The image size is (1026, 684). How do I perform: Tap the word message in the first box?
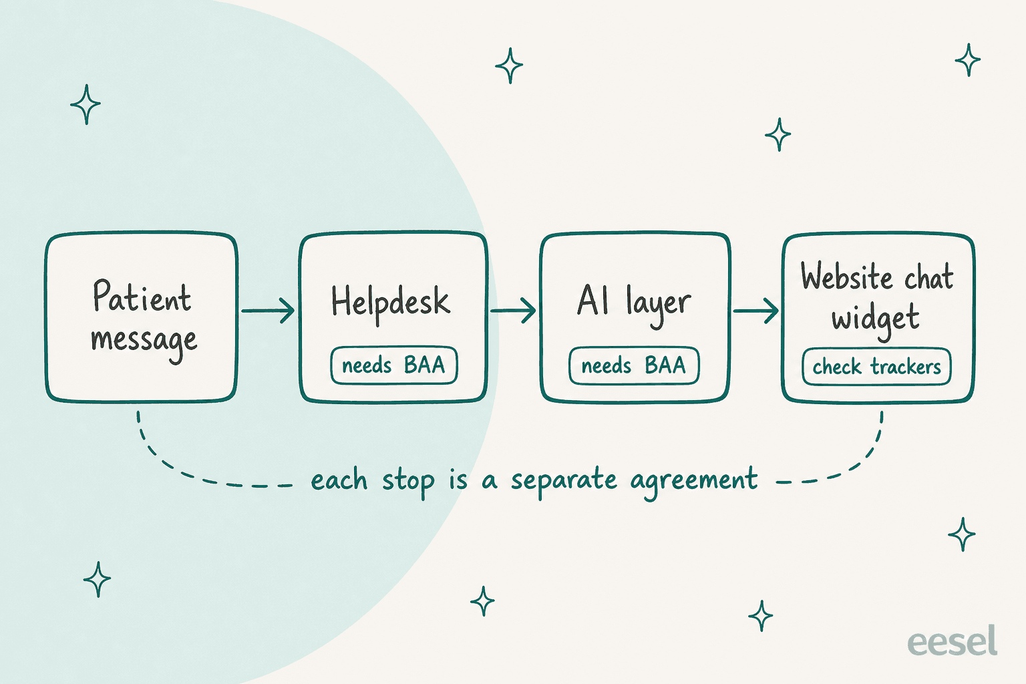(x=144, y=341)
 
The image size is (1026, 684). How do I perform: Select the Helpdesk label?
(x=391, y=303)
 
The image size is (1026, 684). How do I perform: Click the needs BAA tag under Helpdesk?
(x=394, y=365)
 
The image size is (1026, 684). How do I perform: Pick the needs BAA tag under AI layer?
(x=634, y=365)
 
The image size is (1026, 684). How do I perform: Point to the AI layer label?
(x=634, y=303)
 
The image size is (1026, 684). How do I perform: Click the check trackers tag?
(x=876, y=367)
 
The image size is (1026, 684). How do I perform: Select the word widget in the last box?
(x=876, y=319)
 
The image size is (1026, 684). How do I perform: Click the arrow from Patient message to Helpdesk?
(x=268, y=311)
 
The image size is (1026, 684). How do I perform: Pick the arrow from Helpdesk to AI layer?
(x=513, y=311)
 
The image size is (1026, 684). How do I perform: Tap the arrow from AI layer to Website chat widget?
(x=755, y=311)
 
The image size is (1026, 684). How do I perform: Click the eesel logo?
(x=953, y=641)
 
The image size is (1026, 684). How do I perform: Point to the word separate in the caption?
(x=564, y=480)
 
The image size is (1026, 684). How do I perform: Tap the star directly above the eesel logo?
(x=962, y=534)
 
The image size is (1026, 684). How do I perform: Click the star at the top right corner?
(x=968, y=60)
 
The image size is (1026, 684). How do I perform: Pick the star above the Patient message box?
(x=85, y=104)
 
